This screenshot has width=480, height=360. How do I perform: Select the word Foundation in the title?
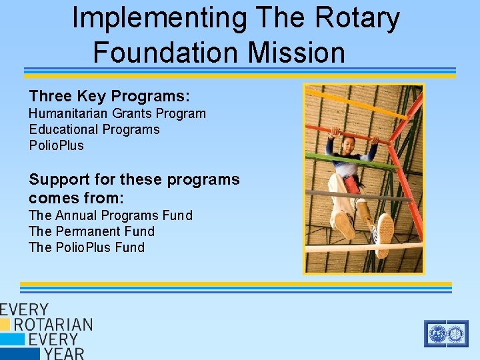coord(169,52)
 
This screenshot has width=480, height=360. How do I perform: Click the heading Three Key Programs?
coord(109,96)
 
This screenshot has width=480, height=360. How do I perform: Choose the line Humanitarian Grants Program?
coord(117,113)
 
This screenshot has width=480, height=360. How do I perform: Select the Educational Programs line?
coord(94,129)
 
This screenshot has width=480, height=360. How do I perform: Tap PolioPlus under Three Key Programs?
coord(57,145)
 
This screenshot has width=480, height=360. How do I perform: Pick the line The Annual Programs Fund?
coord(111,215)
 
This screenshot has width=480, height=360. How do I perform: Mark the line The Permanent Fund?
coord(91,231)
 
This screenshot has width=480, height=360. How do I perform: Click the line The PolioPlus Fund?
coord(87,247)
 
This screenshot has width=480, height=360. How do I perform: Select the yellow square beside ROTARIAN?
coord(5,325)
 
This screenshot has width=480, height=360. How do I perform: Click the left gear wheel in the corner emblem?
coord(437,333)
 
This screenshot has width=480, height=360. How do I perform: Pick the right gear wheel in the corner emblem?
coord(456,333)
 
